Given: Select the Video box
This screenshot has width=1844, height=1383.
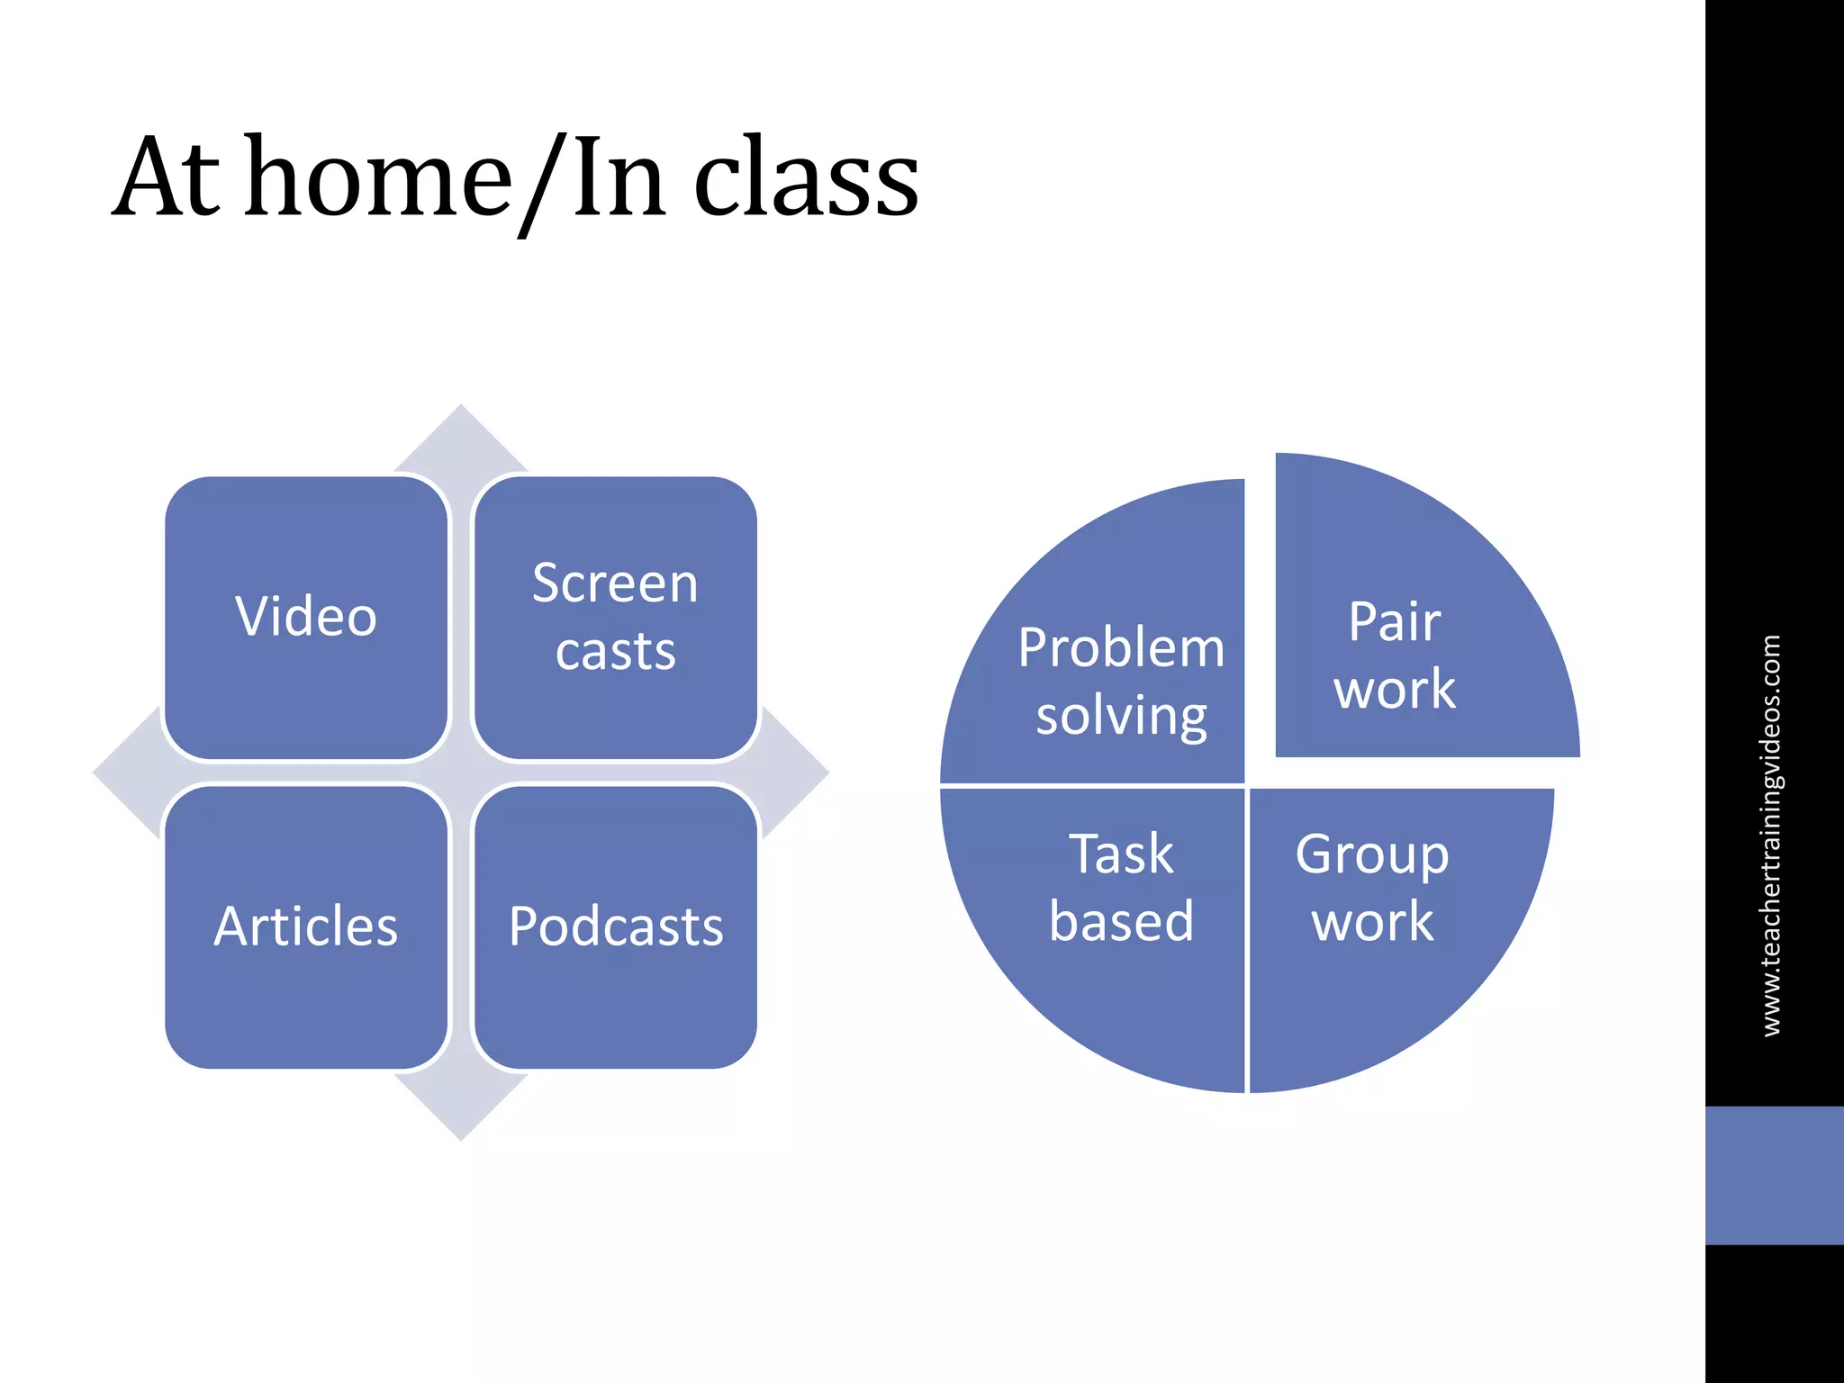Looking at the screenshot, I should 306,618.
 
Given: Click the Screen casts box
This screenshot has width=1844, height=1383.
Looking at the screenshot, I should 615,618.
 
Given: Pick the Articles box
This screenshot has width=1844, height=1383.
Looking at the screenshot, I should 306,927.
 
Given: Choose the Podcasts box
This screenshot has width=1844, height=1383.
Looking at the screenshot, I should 615,927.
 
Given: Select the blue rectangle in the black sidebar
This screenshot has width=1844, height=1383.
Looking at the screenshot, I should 1774,1175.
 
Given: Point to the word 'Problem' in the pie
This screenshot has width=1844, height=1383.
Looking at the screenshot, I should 1121,648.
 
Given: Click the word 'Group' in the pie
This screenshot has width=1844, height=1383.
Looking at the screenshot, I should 1372,855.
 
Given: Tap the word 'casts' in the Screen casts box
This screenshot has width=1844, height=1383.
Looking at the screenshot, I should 615,652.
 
